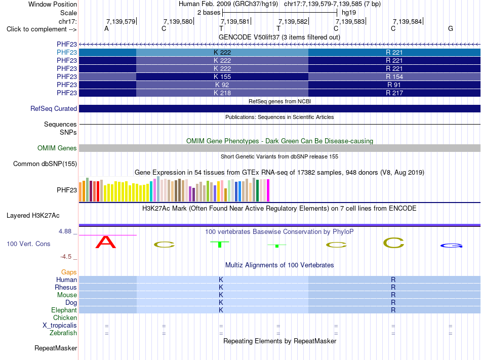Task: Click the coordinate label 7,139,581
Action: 235,21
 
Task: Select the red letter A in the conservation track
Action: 105,242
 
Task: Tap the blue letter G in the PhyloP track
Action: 451,246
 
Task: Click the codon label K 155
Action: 222,76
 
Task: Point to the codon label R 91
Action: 394,85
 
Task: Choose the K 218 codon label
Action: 222,93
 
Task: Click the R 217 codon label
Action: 394,93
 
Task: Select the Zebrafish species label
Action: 63,333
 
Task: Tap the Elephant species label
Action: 64,310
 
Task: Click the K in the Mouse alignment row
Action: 221,295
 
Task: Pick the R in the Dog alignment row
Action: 393,303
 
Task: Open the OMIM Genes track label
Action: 57,148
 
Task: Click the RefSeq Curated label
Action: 54,108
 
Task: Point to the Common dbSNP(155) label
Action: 45,164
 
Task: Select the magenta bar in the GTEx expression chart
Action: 268,190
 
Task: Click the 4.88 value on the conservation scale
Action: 65,231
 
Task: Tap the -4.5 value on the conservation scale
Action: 66,256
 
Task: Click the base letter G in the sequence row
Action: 450,28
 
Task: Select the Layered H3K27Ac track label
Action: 33,216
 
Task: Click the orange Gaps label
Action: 69,272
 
